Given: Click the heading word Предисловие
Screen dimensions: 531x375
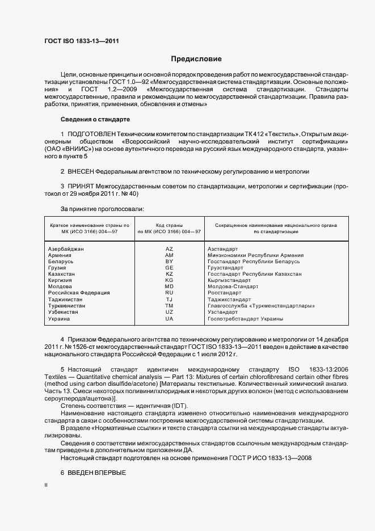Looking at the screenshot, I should (x=196, y=59).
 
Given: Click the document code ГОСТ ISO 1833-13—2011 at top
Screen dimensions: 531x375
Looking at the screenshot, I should (x=82, y=41).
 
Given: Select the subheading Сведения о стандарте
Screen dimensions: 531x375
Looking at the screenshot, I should (x=95, y=119).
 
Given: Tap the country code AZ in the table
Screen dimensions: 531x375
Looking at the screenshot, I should (x=169, y=249).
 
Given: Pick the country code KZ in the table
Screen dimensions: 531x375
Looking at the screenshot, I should (x=169, y=274).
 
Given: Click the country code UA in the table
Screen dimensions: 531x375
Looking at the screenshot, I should (x=169, y=318).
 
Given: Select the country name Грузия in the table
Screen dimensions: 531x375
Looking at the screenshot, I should (x=58, y=268).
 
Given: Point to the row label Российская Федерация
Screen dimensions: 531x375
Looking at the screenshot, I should (x=79, y=293).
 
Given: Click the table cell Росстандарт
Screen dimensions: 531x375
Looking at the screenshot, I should (x=226, y=293).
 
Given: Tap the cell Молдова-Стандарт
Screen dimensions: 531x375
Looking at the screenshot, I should (x=233, y=286).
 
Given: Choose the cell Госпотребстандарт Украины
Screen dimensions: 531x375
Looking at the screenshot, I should (x=245, y=318).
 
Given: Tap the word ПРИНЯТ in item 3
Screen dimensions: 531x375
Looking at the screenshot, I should (x=81, y=186).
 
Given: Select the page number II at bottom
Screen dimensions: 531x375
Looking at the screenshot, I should (x=46, y=486).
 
